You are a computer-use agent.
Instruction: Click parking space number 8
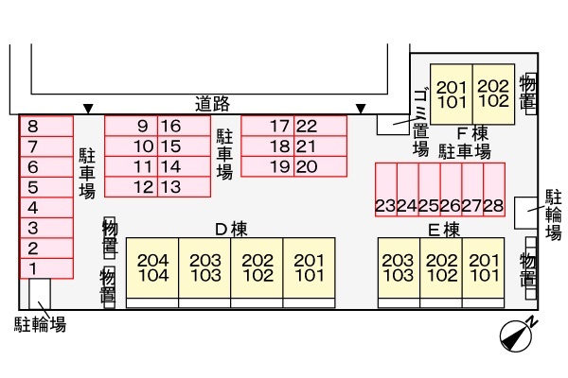pos(33,126)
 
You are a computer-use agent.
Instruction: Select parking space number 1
pos(33,268)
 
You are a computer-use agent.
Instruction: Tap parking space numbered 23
pos(385,205)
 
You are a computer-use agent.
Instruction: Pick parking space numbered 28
pos(492,205)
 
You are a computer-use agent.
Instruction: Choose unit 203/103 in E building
pos(398,268)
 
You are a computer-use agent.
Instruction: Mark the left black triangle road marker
pos(88,109)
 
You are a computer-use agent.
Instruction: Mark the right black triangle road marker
pos(360,109)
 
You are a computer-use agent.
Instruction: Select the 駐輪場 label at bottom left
pos(40,325)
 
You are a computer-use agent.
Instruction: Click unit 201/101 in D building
pos(308,268)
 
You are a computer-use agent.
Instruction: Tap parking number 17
pos(279,126)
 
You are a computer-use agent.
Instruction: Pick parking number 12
pos(143,187)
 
